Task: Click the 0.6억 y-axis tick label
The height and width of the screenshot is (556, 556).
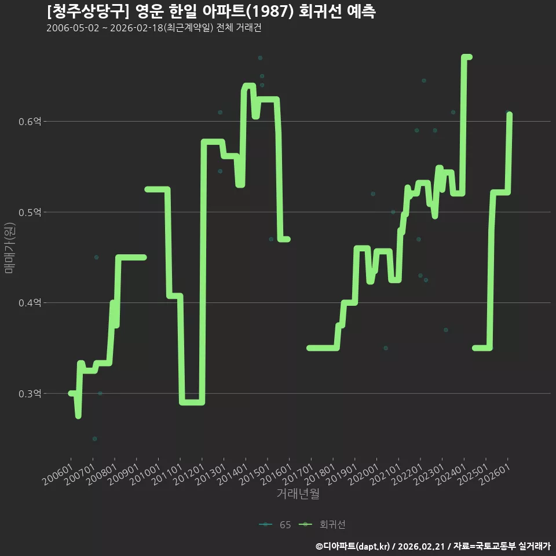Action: point(30,122)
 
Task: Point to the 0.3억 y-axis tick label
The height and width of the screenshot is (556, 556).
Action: point(30,394)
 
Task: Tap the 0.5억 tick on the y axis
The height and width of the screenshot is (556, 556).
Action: point(30,213)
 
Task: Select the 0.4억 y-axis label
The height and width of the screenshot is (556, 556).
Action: point(30,303)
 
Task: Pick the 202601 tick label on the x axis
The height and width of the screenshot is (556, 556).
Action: point(495,474)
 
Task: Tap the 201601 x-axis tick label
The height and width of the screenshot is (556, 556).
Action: point(276,474)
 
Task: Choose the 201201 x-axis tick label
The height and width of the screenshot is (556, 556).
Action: point(189,474)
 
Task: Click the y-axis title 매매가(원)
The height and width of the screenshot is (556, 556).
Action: point(9,248)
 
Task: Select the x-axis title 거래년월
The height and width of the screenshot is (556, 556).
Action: point(298,493)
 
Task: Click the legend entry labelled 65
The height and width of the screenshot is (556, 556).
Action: point(275,525)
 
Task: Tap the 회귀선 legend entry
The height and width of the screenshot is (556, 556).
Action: point(323,525)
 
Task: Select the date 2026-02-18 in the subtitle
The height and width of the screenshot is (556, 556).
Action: point(136,28)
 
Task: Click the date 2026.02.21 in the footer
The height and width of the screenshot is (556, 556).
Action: point(421,546)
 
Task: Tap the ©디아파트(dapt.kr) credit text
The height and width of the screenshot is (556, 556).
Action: point(353,546)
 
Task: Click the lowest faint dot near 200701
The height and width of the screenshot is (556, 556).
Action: point(94,439)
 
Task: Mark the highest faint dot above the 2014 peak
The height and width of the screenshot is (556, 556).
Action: point(260,58)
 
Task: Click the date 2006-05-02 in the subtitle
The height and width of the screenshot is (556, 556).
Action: point(73,28)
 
